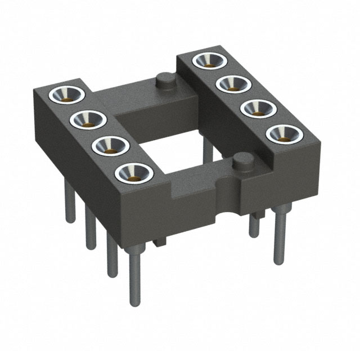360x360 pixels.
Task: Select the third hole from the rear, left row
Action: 109,145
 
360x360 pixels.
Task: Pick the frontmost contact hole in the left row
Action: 133,173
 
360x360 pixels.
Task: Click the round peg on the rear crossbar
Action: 164,80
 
